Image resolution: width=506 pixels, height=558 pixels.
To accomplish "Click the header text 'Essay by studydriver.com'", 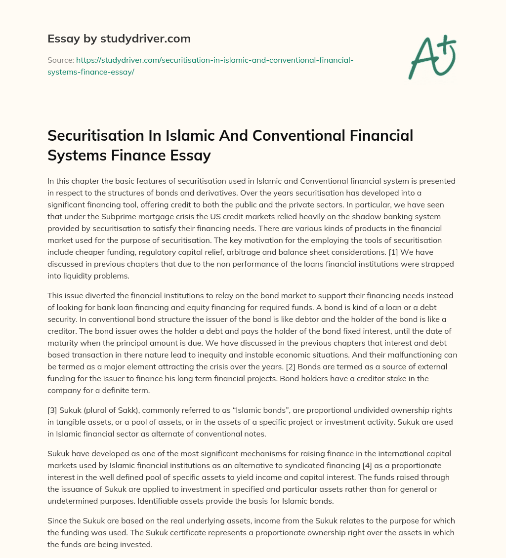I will click(x=119, y=39).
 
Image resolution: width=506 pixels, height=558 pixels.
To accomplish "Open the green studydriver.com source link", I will click(x=200, y=66).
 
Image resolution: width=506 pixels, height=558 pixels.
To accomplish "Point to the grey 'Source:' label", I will click(x=60, y=60).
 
